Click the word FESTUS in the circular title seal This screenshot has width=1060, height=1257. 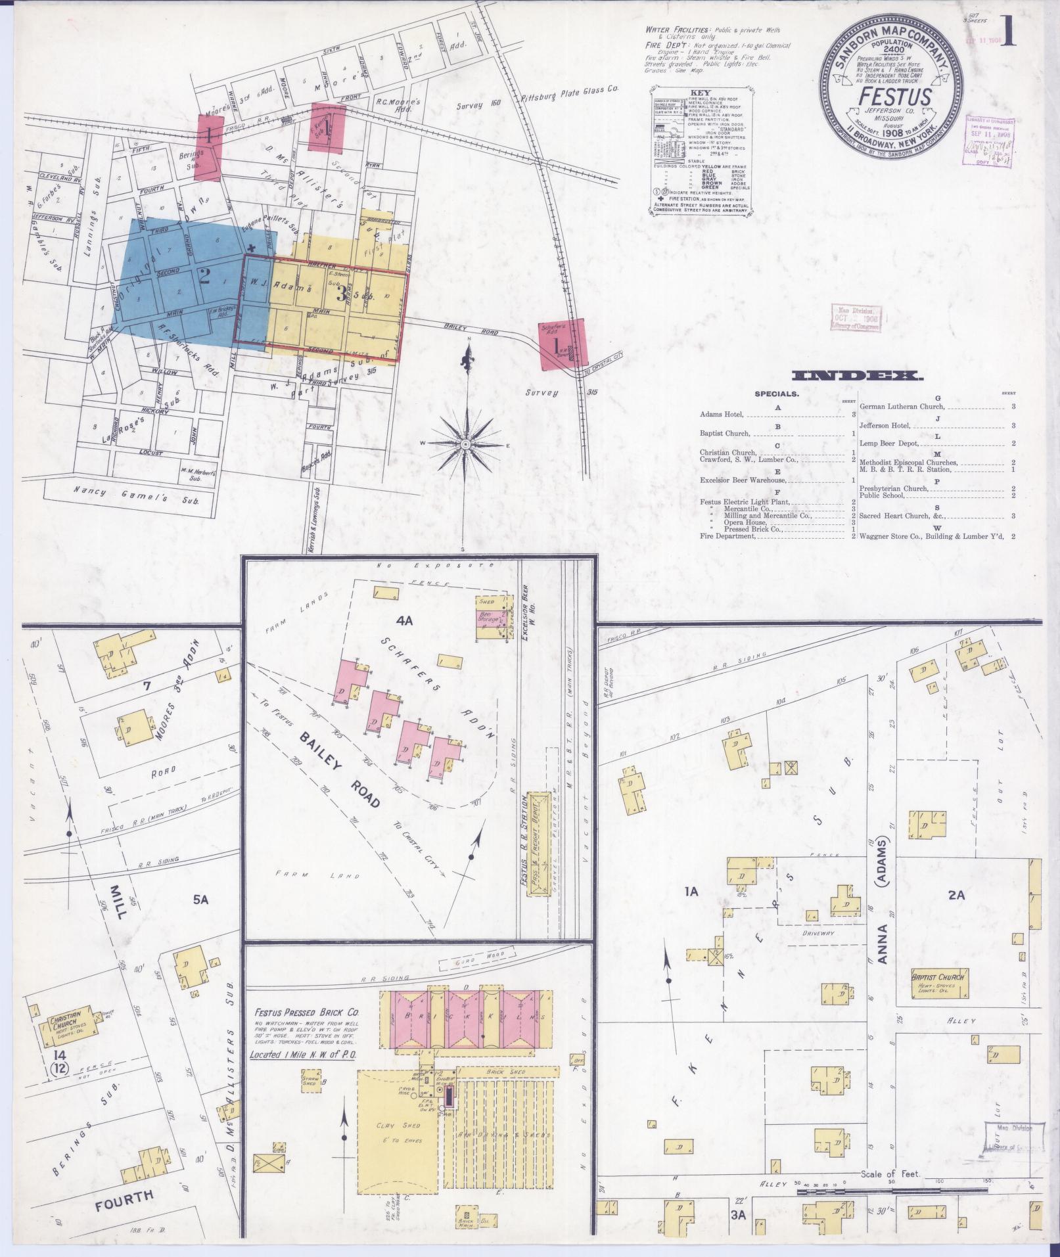pyautogui.click(x=894, y=97)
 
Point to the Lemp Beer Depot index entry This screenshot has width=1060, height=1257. pyautogui.click(x=888, y=444)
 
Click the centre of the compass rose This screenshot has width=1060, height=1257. pyautogui.click(x=465, y=445)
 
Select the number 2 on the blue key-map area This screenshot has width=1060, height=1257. pyautogui.click(x=204, y=276)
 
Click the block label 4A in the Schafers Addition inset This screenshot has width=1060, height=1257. pyautogui.click(x=403, y=618)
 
